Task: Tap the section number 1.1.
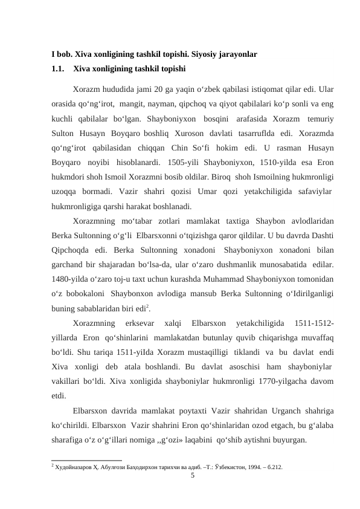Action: click(x=59, y=68)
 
